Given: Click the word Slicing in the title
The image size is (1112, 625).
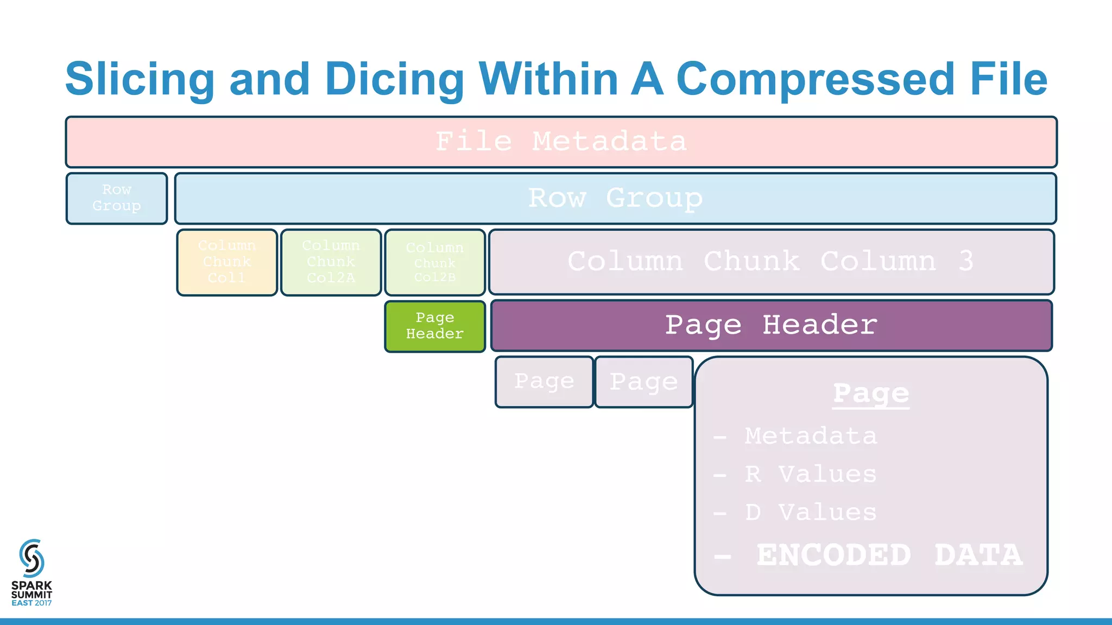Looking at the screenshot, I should click(x=140, y=80).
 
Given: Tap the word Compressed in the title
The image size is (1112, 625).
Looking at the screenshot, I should click(x=815, y=79).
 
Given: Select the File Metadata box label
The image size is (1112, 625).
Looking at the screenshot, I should click(x=561, y=142).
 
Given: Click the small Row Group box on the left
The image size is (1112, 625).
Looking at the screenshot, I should click(x=117, y=198).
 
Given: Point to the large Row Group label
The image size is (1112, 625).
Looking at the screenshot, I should click(x=615, y=198).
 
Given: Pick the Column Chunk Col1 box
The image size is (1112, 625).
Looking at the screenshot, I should click(x=227, y=263).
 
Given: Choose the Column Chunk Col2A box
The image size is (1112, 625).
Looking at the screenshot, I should click(x=331, y=263).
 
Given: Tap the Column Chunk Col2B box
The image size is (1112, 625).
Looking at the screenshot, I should click(x=435, y=263).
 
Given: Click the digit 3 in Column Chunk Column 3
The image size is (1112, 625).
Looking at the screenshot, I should click(x=965, y=262).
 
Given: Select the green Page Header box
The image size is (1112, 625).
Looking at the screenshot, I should click(x=435, y=326).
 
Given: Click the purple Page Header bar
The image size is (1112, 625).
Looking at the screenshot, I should click(x=771, y=326).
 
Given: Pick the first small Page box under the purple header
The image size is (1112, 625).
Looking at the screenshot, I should click(x=544, y=381).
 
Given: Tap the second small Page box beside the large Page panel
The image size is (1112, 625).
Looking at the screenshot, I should click(x=644, y=381).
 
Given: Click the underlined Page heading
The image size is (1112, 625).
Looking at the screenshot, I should click(x=871, y=393).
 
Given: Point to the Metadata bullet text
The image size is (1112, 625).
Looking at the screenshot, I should click(x=810, y=436).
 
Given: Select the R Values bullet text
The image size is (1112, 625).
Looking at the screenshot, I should click(x=810, y=474).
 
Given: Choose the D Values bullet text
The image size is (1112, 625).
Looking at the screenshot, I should click(x=810, y=512).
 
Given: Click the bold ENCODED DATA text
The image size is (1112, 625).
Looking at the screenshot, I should click(x=889, y=555).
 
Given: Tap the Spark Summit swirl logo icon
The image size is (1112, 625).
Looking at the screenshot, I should click(x=31, y=558).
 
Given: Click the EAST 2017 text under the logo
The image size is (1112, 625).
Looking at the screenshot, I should click(x=31, y=603).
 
